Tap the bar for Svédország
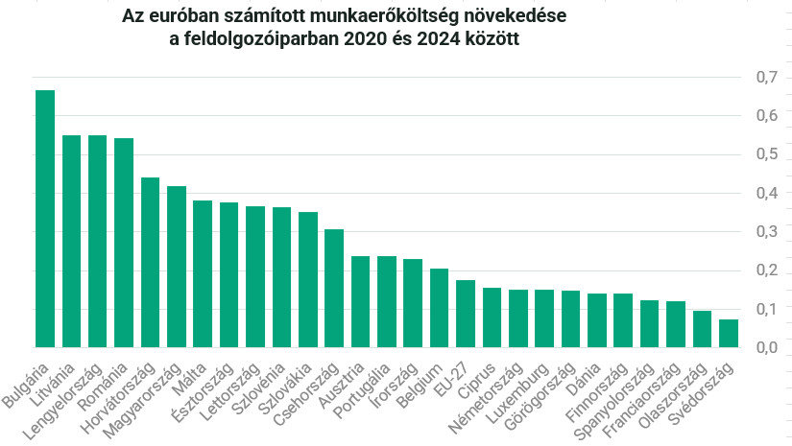(729, 333)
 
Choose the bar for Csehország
(334, 288)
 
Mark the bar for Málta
(203, 273)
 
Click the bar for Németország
(518, 318)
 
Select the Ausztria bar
(361, 301)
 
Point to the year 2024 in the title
(439, 40)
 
